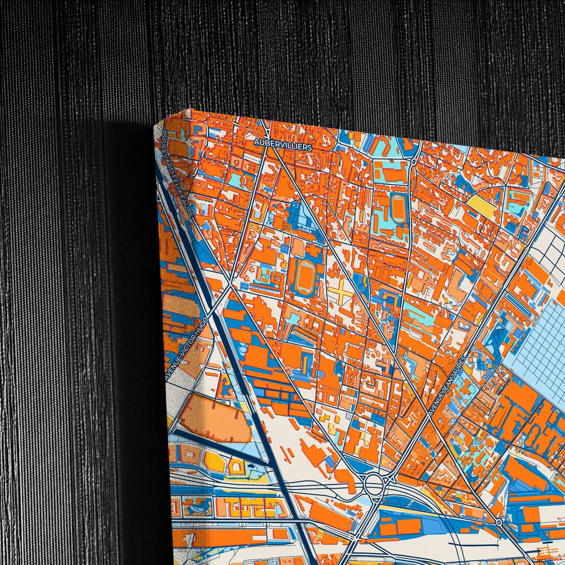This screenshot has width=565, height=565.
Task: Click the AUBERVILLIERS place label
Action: pyautogui.click(x=283, y=144)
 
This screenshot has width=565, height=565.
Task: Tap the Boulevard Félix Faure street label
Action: pyautogui.click(x=177, y=176)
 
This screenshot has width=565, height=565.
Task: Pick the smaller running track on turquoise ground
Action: pyautogui.click(x=398, y=209)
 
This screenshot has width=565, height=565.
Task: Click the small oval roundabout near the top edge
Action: pyautogui.click(x=413, y=161)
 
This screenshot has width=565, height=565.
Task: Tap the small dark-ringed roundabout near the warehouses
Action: pyautogui.click(x=499, y=522)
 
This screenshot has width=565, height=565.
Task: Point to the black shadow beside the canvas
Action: pyautogui.click(x=129, y=313)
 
